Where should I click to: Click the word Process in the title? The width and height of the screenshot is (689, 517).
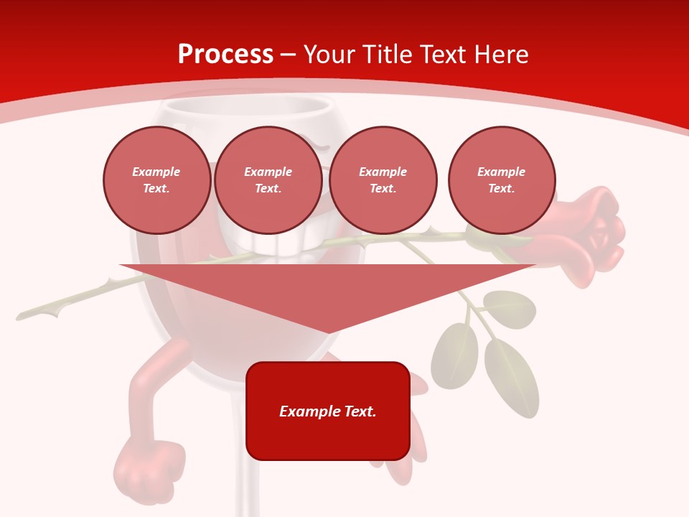click(225, 54)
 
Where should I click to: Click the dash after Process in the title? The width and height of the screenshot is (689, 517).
click(288, 55)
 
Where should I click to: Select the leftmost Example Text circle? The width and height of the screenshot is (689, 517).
click(156, 180)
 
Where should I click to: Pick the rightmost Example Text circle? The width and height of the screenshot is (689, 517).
click(501, 180)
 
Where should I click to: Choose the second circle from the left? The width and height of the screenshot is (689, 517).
click(268, 180)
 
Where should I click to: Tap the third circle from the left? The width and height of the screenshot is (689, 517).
click(383, 180)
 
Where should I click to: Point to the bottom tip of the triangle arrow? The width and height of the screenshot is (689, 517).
click(328, 332)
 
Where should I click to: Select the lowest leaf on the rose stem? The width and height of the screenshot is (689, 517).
click(511, 377)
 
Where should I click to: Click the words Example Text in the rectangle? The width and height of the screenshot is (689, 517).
click(327, 411)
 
